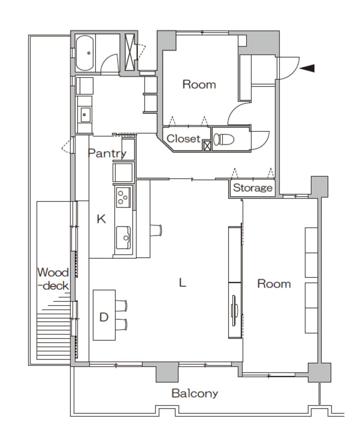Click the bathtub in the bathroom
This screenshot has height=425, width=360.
point(85,53)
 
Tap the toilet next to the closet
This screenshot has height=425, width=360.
point(224,139)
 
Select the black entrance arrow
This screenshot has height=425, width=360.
point(307,68)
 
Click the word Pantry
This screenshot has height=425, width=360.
point(107,153)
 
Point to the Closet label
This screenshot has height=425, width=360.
point(184,139)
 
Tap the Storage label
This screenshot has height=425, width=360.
point(253,187)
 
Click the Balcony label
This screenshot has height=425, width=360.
point(195,393)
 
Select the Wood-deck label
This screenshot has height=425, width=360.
point(53,279)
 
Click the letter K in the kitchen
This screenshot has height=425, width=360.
point(101,219)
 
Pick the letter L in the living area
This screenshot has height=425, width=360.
point(183,283)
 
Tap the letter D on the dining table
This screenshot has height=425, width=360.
point(104,317)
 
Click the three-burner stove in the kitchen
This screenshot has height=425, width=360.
point(123,197)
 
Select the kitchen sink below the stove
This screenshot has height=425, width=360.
point(123,238)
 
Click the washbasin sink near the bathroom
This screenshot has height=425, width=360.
point(85,115)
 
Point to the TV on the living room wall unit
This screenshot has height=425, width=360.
point(234,310)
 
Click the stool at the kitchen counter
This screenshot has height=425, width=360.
point(156,230)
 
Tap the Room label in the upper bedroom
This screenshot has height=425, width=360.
point(199,85)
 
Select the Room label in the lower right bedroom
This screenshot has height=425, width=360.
point(274,284)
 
